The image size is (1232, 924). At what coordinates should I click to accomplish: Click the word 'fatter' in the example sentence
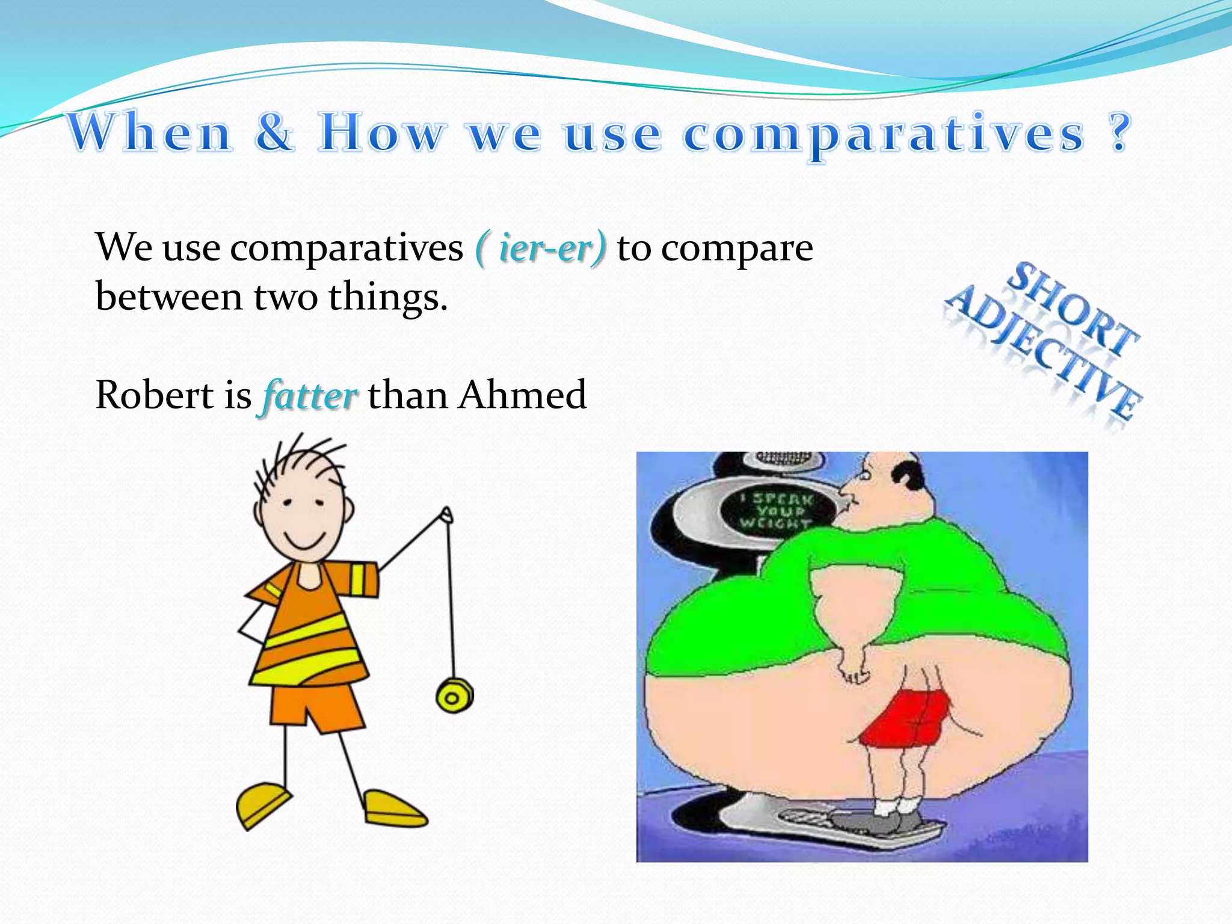(x=310, y=396)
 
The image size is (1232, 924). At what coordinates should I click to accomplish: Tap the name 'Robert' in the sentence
(x=155, y=395)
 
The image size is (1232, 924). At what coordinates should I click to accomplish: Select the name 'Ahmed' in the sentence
(x=522, y=395)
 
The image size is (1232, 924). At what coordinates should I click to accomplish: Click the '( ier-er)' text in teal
(x=540, y=248)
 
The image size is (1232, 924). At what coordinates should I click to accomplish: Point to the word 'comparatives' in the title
(x=884, y=134)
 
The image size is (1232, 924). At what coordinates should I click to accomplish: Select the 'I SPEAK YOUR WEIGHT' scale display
(x=776, y=511)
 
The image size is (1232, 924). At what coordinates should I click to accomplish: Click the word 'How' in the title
(x=383, y=132)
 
